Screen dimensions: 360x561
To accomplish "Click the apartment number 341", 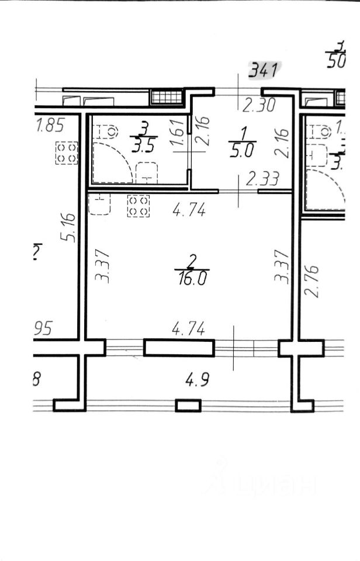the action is click(x=262, y=71).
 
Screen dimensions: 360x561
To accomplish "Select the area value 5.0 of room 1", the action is click(x=240, y=151).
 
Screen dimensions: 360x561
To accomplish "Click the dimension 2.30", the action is click(x=258, y=105).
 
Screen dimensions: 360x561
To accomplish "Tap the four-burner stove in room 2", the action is click(x=139, y=206).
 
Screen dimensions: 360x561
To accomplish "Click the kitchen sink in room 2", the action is click(x=99, y=203).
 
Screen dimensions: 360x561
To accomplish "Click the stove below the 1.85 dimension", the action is click(x=65, y=154).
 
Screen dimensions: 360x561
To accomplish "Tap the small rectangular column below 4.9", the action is click(x=188, y=405).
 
